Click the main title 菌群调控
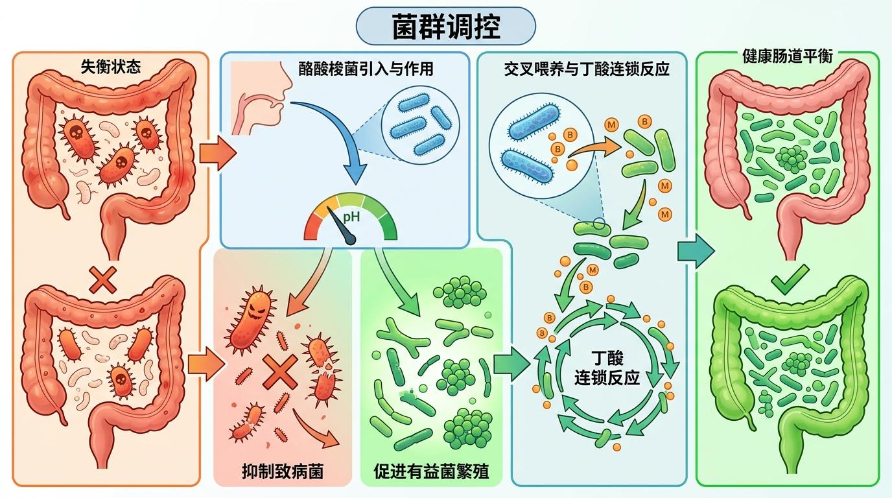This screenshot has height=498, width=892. tap(446, 27)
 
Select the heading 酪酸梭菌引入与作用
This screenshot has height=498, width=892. tap(366, 69)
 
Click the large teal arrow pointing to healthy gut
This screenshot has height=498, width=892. tap(696, 251)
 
